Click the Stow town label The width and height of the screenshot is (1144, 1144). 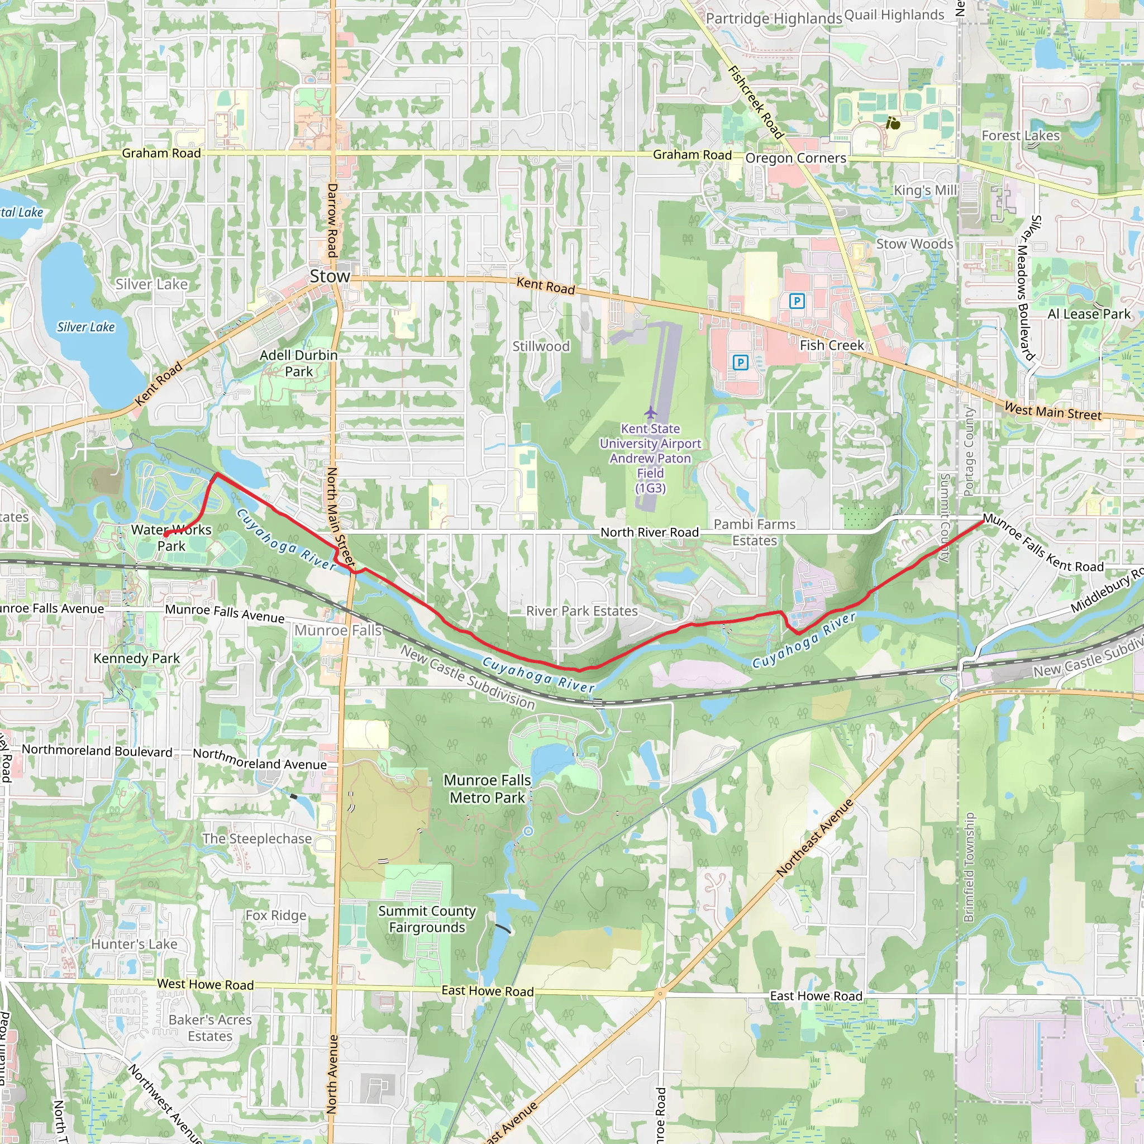330,277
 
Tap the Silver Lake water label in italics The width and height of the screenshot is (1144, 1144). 86,327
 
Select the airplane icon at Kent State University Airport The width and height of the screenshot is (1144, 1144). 651,412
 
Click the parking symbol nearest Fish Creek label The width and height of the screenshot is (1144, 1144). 797,302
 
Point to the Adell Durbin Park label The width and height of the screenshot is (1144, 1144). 298,363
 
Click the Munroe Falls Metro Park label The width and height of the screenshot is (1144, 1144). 487,789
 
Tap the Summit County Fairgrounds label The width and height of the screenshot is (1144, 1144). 427,919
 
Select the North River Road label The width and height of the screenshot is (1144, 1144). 650,532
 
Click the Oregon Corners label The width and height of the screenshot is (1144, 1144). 796,158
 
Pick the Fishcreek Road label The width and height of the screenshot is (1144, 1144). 756,102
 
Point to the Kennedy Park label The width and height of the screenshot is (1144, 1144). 136,659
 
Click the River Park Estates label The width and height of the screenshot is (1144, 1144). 581,611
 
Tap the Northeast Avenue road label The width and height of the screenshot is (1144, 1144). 815,837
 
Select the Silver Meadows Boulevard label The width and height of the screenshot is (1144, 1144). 1026,288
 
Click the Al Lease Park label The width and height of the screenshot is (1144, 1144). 1089,314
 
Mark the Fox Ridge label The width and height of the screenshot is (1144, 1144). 276,916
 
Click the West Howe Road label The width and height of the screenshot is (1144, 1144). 205,984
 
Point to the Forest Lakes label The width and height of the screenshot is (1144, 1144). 1020,136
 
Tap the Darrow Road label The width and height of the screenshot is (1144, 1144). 332,220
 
